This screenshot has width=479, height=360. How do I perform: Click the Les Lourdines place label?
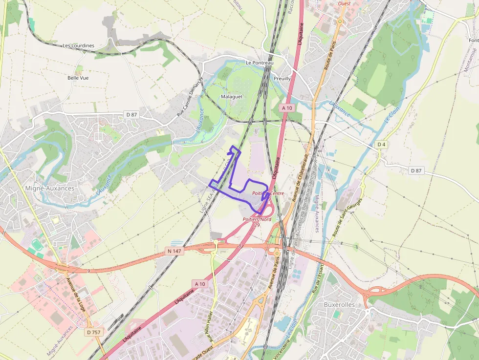coord(78,45)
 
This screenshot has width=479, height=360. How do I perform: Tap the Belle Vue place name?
coord(78,78)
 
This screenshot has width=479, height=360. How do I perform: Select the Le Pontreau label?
coord(260,63)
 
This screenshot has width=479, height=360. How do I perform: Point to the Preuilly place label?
coord(282,78)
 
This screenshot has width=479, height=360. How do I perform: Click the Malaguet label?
coord(232,97)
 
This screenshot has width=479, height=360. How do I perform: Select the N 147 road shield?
coord(174,251)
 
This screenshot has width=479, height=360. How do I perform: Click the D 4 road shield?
coord(381,145)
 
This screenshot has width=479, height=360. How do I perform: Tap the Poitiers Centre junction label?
coord(268,193)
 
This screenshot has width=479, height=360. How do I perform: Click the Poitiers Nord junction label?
coord(257,220)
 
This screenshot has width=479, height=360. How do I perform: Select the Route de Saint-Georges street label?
coord(348,217)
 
